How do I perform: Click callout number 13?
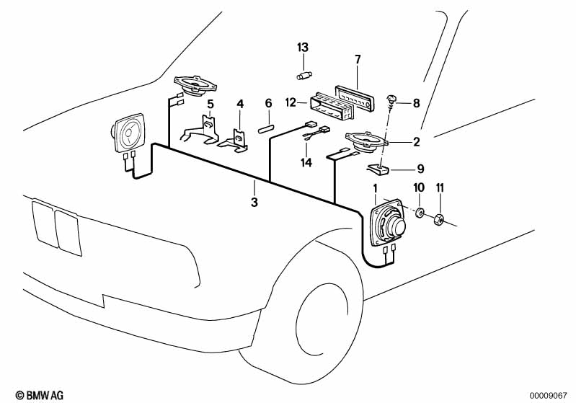pos(303,47)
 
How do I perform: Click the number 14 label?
pos(306,163)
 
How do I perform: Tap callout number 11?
pos(440,188)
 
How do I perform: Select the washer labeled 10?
pos(418,213)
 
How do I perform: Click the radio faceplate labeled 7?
pos(357,96)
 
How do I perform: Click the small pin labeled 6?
pos(266,130)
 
